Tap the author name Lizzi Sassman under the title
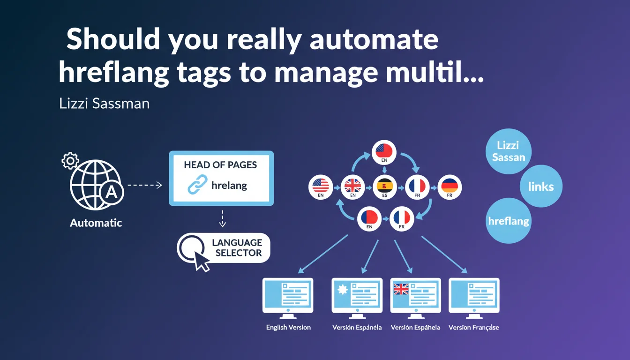tap(105, 103)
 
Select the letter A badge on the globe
tap(111, 192)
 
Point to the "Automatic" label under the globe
tap(96, 223)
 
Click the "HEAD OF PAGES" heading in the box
tap(220, 165)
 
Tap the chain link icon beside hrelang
tap(197, 185)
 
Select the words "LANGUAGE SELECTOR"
tap(237, 248)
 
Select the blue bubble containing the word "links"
tap(541, 187)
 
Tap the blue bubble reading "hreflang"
tap(509, 221)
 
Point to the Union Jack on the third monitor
tap(401, 289)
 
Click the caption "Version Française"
tap(473, 327)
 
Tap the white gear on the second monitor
tap(342, 289)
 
